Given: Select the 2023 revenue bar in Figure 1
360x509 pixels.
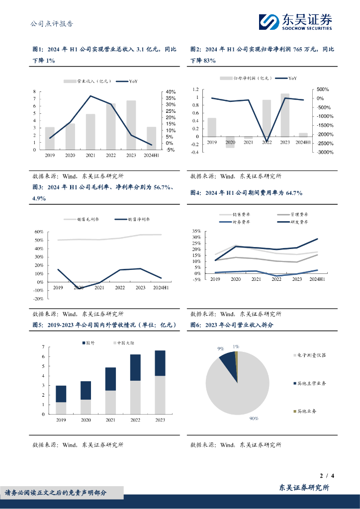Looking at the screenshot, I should click(131, 125).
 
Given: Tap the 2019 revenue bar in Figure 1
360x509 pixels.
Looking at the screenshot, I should click(50, 138).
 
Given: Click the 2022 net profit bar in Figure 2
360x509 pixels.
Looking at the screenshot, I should click(267, 118).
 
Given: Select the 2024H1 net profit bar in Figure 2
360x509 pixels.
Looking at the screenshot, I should click(303, 135).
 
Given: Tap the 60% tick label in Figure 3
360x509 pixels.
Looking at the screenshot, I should click(39, 232).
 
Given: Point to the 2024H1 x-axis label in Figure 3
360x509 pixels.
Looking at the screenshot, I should click(161, 288).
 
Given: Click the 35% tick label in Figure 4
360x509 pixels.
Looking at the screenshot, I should click(196, 232).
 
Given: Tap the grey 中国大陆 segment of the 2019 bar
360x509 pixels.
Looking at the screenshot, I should click(61, 408).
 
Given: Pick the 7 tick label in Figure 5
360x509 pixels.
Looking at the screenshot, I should click(43, 347).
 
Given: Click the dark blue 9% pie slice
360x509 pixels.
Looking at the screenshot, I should click(228, 361).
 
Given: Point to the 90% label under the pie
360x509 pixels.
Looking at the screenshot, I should click(254, 419).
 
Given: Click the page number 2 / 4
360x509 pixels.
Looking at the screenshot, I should click(326, 476).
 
